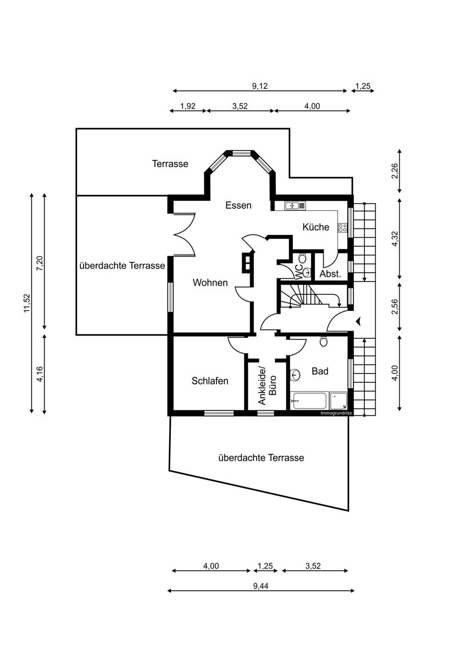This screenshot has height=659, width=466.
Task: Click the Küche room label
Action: [x=316, y=227]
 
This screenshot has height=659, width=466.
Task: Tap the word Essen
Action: [x=238, y=205]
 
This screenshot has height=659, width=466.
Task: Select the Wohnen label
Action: [x=210, y=283]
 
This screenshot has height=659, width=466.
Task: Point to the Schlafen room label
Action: [x=210, y=381]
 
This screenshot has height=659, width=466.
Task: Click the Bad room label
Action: [x=320, y=371]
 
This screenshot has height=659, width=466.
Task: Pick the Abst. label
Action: [x=330, y=273]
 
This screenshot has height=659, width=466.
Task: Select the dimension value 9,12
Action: [x=260, y=86]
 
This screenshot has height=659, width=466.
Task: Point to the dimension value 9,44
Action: [x=260, y=586]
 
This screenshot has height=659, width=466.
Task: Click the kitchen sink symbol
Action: [x=291, y=206]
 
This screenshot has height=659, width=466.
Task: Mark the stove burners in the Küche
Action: [x=342, y=227]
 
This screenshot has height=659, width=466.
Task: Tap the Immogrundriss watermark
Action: [x=336, y=412]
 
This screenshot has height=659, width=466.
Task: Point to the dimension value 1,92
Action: [x=188, y=106]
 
